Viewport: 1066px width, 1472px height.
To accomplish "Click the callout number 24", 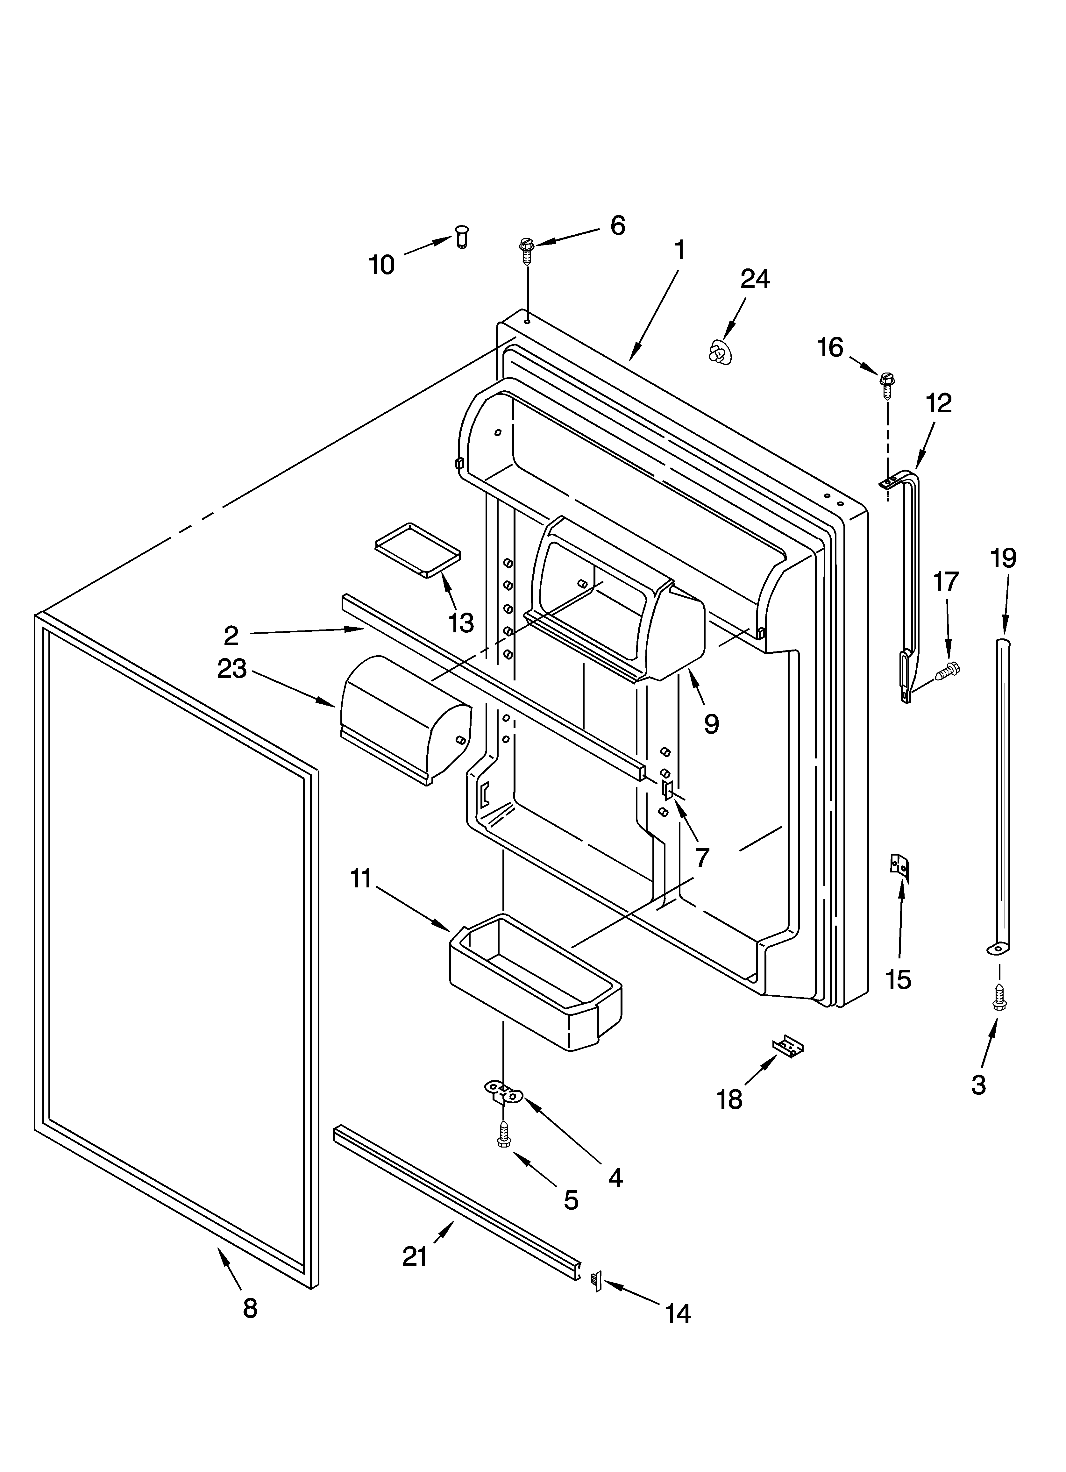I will tap(755, 279).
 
